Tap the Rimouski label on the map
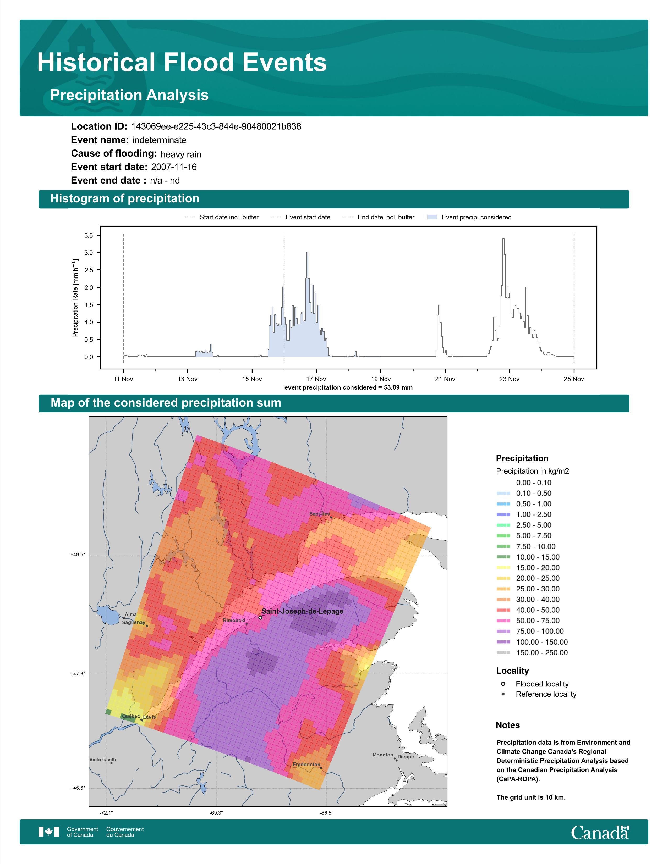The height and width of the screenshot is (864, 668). pos(234,620)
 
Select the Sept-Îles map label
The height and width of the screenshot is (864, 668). pos(319,514)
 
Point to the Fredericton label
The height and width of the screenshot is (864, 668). pos(306,764)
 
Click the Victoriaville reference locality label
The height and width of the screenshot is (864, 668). pos(103,760)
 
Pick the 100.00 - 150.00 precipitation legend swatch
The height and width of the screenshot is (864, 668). pos(503,642)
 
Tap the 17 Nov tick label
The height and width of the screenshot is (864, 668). pos(316,379)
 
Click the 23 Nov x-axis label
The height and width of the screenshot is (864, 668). pos(509,379)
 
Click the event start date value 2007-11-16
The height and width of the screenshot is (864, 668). pos(174,167)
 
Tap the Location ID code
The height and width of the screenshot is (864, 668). pos(216,127)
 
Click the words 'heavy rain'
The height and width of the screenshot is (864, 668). pos(181,154)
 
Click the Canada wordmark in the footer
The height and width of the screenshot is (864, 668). pos(600,832)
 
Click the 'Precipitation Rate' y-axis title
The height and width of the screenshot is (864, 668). pos(75,298)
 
